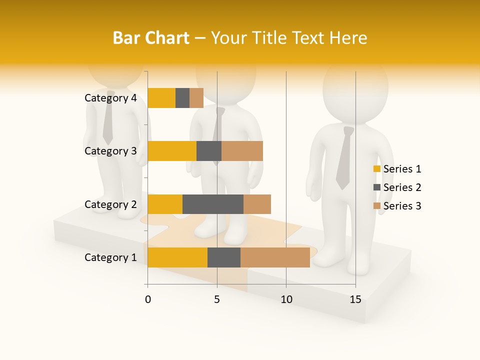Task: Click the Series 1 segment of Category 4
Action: [161, 98]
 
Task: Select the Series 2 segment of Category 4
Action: [182, 98]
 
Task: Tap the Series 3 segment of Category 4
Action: [196, 98]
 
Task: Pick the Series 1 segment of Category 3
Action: [172, 151]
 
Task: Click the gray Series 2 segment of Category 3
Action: [209, 151]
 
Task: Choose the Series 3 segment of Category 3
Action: [242, 151]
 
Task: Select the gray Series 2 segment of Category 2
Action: [213, 204]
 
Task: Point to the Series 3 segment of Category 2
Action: [257, 204]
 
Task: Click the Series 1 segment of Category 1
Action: [177, 257]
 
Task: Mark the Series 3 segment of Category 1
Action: [275, 257]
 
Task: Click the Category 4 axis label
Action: [110, 98]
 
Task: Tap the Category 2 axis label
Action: [110, 204]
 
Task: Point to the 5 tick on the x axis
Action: [217, 299]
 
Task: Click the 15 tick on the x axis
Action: [355, 299]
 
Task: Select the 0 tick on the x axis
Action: [148, 299]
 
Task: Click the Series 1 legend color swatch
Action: [377, 169]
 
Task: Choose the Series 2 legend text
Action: [402, 187]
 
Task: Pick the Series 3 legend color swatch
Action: [377, 206]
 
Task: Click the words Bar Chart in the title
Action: [150, 38]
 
